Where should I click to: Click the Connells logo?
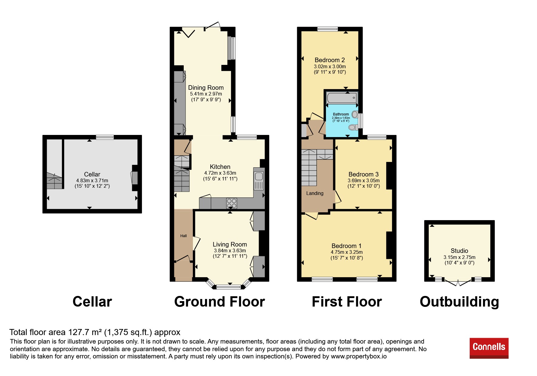coord(489,348)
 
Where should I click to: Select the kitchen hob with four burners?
coord(232,203)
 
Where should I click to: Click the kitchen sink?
coord(259,181)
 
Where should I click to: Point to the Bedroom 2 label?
coord(330,60)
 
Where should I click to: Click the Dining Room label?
coord(206,88)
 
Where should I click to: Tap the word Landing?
coord(315,193)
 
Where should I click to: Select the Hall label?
coord(183,236)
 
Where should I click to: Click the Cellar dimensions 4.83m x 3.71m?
coord(92,180)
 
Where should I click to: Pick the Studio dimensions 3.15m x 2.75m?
coord(459,257)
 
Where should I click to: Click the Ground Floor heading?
coord(220,302)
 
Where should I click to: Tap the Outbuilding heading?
coord(459,302)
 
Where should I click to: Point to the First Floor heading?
coord(347,302)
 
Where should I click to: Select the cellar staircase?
coord(55,181)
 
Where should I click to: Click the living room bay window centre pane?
coord(229,287)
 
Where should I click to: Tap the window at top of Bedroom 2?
coord(327,29)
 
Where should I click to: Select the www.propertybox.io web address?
coord(359,356)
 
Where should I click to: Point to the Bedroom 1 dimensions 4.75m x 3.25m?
coord(347,252)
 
